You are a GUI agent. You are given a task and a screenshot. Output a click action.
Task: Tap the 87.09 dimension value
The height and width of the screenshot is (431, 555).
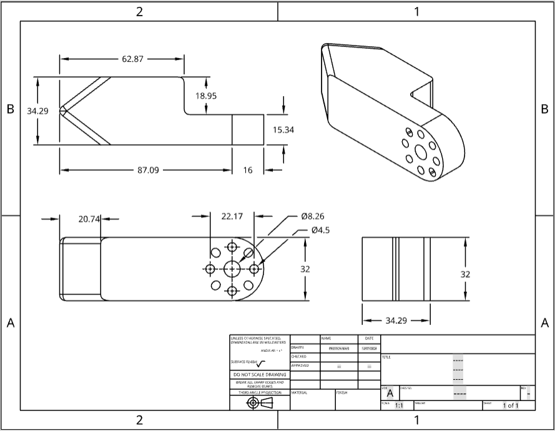(x=147, y=170)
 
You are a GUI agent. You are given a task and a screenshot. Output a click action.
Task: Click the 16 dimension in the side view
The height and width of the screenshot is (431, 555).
(x=248, y=170)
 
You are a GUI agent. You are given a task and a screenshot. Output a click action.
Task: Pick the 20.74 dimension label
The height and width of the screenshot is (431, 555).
(x=90, y=219)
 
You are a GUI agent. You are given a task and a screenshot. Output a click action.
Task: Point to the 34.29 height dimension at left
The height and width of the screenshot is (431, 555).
(x=37, y=111)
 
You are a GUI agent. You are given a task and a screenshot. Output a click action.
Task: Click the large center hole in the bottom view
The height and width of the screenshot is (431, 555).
(x=232, y=269)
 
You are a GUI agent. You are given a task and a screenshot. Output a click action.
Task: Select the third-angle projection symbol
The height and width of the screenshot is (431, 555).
(x=260, y=403)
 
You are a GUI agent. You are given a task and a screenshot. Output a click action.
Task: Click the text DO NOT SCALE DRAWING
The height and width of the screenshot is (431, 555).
(x=259, y=374)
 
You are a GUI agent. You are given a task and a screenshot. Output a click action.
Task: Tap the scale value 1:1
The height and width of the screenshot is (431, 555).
(x=399, y=405)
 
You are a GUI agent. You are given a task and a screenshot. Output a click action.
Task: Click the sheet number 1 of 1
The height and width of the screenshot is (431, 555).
(x=510, y=405)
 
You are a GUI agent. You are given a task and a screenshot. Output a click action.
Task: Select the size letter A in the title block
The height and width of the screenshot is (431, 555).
(x=390, y=394)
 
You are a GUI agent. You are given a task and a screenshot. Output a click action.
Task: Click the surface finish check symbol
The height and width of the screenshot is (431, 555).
(x=260, y=364)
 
